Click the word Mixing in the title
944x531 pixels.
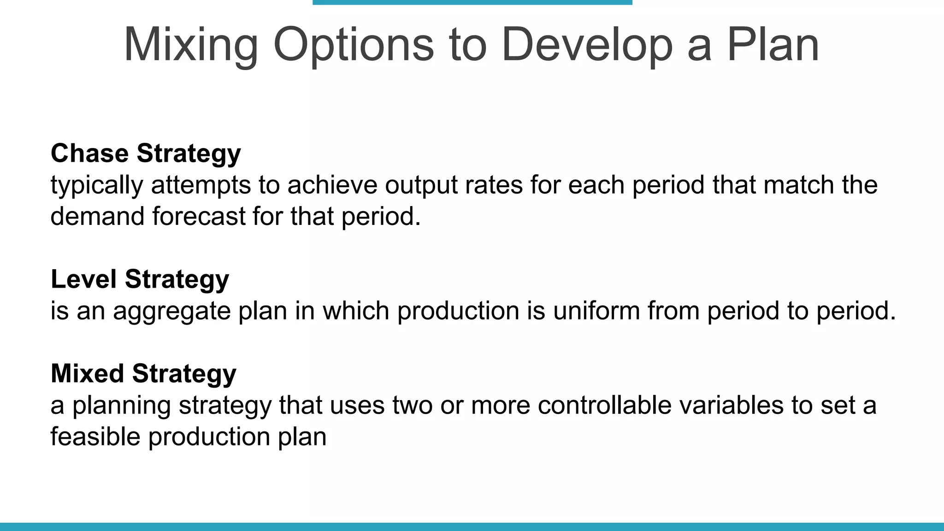click(x=191, y=45)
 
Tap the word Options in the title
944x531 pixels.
click(x=354, y=45)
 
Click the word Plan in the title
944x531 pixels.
click(x=773, y=45)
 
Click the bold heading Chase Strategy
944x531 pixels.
click(x=146, y=153)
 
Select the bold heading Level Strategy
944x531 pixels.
click(x=140, y=279)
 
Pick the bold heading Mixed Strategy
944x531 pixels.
click(x=143, y=373)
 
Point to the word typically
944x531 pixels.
click(x=96, y=185)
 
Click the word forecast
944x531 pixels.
click(x=199, y=217)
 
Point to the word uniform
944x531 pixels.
click(x=596, y=311)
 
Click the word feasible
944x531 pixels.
click(x=95, y=437)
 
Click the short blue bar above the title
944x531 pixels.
click(x=472, y=2)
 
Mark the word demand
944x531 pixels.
click(x=97, y=217)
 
